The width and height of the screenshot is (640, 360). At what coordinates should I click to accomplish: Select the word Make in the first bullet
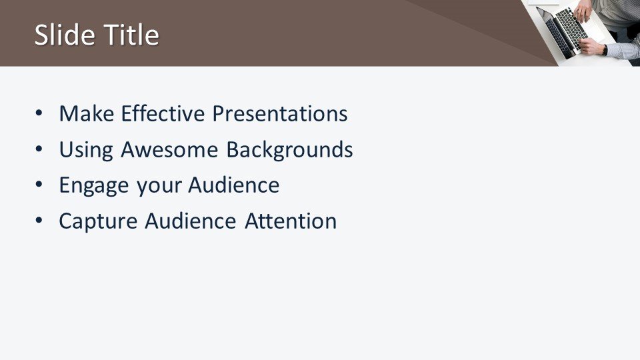87,113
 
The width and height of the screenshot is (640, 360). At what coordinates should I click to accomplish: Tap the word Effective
163,113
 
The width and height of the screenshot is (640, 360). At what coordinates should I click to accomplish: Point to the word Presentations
280,113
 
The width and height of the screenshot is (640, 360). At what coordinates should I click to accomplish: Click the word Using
86,150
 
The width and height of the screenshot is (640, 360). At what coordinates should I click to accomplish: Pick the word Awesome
169,150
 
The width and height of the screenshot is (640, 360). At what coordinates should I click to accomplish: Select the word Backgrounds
289,150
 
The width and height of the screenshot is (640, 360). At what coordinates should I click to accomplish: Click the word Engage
94,186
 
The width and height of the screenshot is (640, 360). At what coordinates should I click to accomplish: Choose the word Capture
98,221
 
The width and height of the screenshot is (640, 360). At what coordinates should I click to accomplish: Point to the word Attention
291,221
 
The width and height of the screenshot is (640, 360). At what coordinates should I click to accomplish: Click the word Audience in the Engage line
234,185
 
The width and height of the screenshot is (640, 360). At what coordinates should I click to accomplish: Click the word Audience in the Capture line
191,221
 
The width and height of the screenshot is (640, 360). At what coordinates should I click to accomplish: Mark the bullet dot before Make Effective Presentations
39,113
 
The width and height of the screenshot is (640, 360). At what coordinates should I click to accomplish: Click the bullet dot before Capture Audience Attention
39,221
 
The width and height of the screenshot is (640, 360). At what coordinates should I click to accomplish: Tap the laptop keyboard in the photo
571,28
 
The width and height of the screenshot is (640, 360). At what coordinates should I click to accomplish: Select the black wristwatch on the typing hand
605,50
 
